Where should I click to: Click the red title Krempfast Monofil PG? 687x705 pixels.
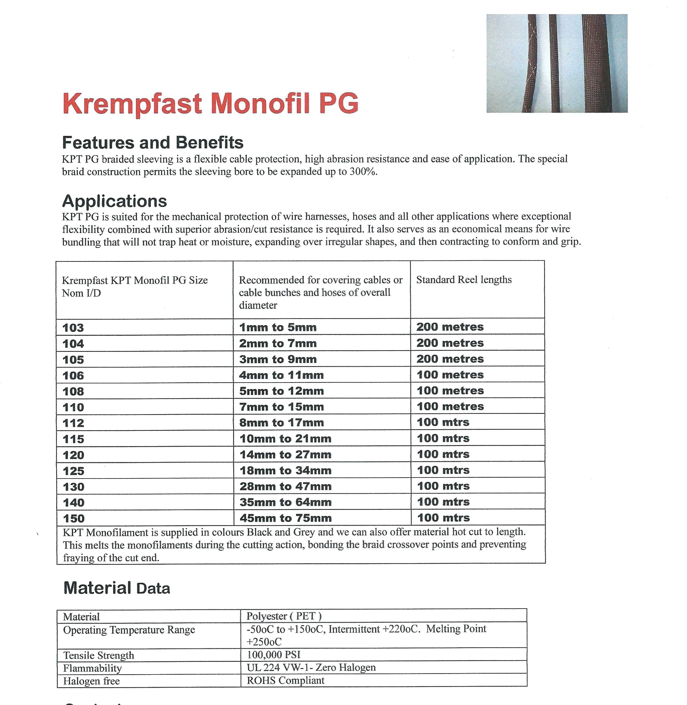[210, 104]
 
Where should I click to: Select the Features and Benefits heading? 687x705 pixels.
[153, 142]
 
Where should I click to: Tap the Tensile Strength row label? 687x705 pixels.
[99, 655]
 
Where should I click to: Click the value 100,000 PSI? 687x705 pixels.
[273, 655]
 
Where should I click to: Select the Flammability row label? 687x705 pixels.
[92, 668]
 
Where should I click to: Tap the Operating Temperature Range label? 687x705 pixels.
[129, 630]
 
